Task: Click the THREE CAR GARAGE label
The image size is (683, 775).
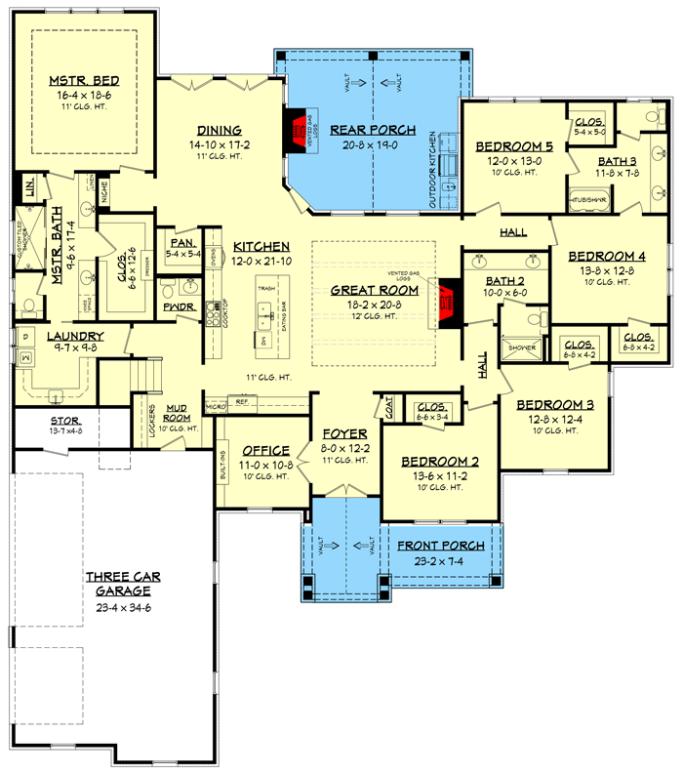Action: click(123, 584)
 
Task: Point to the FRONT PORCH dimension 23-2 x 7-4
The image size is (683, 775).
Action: click(437, 562)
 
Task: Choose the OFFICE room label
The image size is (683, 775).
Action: click(266, 450)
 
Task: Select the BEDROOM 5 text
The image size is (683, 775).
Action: click(513, 146)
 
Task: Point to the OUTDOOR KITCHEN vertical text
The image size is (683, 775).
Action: click(432, 173)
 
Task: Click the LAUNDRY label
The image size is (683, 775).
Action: click(55, 337)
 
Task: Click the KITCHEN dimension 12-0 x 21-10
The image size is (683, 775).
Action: click(261, 262)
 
